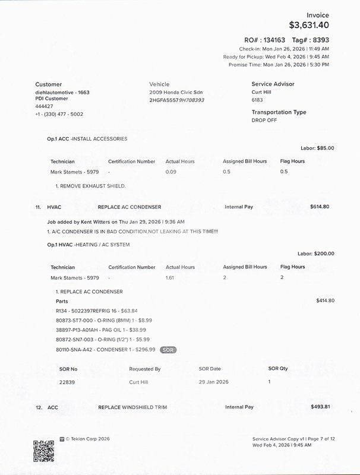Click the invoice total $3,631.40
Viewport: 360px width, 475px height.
(308, 26)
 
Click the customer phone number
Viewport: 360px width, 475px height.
(59, 114)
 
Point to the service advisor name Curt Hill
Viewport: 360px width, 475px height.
(262, 93)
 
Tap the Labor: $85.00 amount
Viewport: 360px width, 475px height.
(317, 148)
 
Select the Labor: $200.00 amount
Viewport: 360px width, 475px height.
(315, 254)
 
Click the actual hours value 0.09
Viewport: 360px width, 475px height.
(171, 172)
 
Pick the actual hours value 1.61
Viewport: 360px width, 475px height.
(171, 277)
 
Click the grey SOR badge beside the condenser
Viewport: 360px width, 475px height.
(169, 350)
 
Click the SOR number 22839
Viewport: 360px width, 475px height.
(67, 382)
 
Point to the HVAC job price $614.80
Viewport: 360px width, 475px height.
(320, 207)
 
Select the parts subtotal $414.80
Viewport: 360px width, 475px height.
(325, 300)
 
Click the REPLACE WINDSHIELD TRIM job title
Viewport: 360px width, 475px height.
(132, 407)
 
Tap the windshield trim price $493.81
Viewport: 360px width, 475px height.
(320, 407)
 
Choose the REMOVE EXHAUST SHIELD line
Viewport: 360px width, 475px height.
(91, 186)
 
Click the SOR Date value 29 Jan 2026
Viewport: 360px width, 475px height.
(213, 382)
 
